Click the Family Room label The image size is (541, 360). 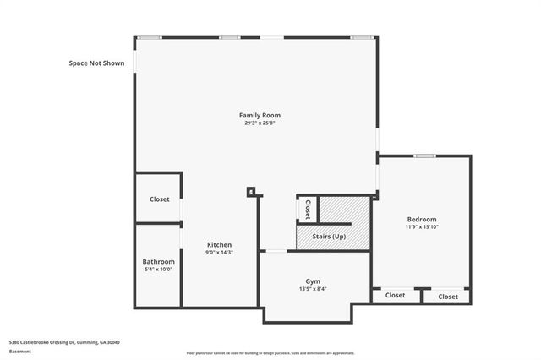[260, 115]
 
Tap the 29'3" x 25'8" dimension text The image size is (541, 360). [260, 123]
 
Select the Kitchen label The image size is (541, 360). [219, 244]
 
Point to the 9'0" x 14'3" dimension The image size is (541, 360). [219, 253]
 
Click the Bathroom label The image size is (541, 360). [158, 261]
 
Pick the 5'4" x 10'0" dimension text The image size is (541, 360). [158, 270]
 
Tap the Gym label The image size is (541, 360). [313, 281]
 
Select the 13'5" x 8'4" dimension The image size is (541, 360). [313, 289]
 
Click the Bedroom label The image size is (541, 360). [421, 218]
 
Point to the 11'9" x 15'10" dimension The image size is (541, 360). [421, 226]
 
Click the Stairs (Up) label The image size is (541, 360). [329, 236]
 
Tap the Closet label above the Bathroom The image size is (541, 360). [159, 199]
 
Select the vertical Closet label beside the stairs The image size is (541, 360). [307, 209]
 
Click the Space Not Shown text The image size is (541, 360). [96, 63]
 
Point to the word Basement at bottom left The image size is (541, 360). [20, 351]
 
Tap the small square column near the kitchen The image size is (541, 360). [251, 192]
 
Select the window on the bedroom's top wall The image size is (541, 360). [424, 155]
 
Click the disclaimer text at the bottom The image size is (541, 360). [282, 352]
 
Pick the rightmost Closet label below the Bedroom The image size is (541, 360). [447, 297]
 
